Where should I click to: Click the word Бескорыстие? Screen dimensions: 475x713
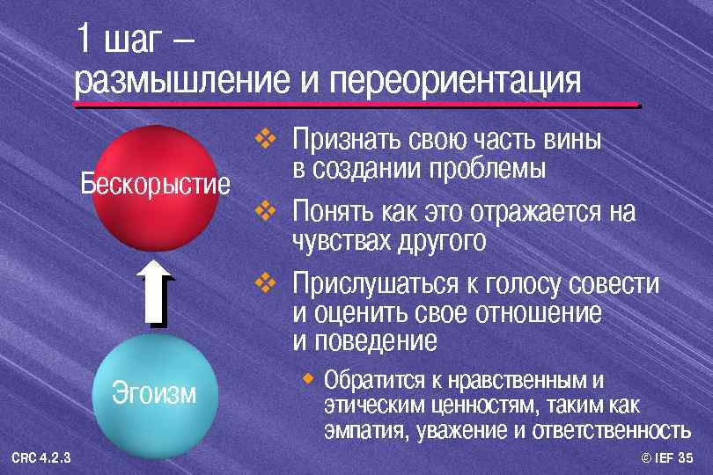(155, 185)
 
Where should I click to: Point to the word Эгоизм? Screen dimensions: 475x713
(154, 393)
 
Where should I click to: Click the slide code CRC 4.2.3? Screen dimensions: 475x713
(42, 457)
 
